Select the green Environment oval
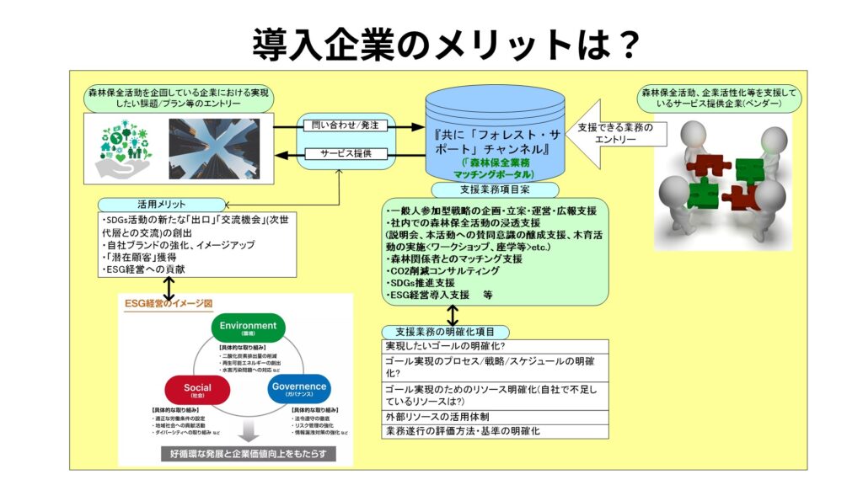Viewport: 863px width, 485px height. [248, 328]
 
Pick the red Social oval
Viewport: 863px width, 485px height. [196, 390]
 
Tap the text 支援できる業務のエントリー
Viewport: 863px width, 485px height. [615, 133]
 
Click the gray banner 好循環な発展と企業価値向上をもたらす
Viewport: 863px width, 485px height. [248, 454]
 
